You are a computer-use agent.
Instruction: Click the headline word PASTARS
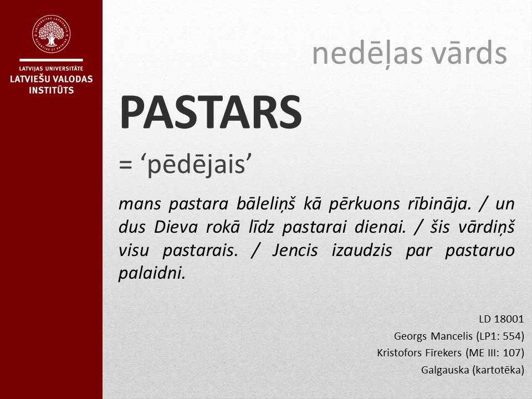[211, 112]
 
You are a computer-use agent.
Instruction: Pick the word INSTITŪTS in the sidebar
[51, 90]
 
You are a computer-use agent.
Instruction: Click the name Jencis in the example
[295, 250]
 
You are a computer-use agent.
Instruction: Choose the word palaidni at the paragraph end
[151, 273]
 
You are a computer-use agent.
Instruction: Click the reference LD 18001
[501, 320]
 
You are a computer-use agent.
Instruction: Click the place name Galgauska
[444, 370]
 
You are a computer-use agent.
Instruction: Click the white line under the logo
[51, 59]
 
